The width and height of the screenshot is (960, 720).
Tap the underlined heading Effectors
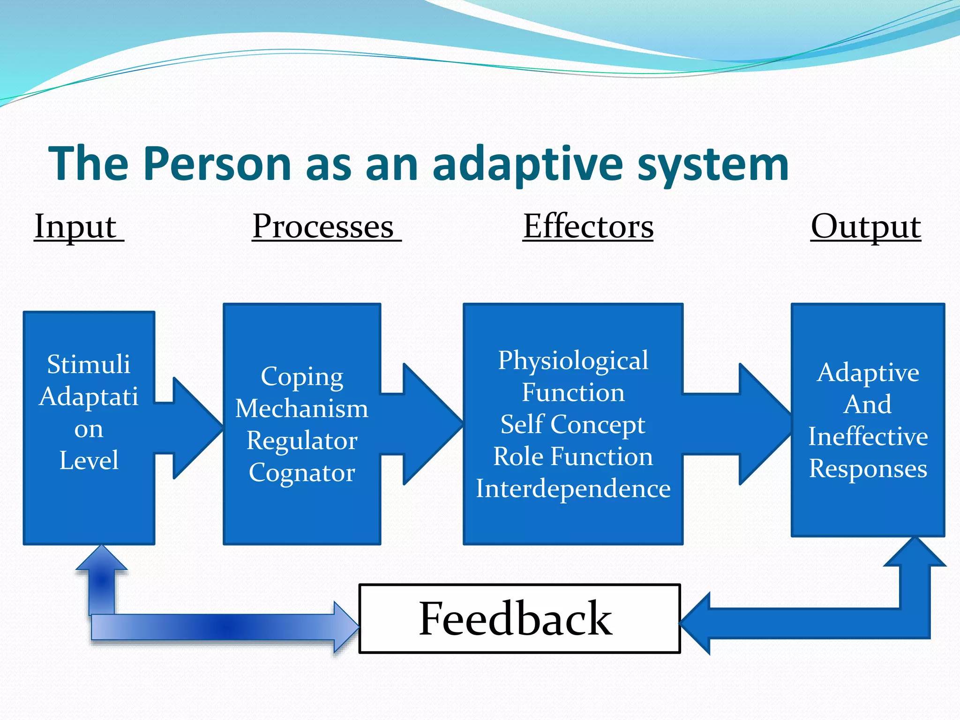pyautogui.click(x=588, y=227)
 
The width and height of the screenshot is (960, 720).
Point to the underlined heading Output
pyautogui.click(x=866, y=227)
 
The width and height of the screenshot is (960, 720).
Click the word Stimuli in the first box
pyautogui.click(x=89, y=364)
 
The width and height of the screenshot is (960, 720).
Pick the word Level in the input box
pyautogui.click(x=89, y=460)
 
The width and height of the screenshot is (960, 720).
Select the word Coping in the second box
pyautogui.click(x=302, y=376)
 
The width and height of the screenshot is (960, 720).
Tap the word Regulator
pyautogui.click(x=302, y=441)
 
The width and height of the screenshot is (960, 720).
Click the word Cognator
pyautogui.click(x=302, y=472)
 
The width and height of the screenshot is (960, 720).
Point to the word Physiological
pyautogui.click(x=573, y=360)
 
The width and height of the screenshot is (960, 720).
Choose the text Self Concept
pyautogui.click(x=573, y=425)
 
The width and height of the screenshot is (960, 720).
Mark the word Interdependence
pyautogui.click(x=573, y=488)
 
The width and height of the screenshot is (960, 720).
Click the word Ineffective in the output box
pyautogui.click(x=868, y=436)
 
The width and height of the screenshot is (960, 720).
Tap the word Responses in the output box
pyautogui.click(x=868, y=468)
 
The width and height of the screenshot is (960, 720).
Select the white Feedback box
pyautogui.click(x=519, y=618)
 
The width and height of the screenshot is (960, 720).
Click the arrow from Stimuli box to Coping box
pyautogui.click(x=192, y=427)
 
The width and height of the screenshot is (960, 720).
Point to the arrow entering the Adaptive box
pyautogui.click(x=750, y=424)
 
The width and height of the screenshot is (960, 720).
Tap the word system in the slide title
pyautogui.click(x=713, y=164)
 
